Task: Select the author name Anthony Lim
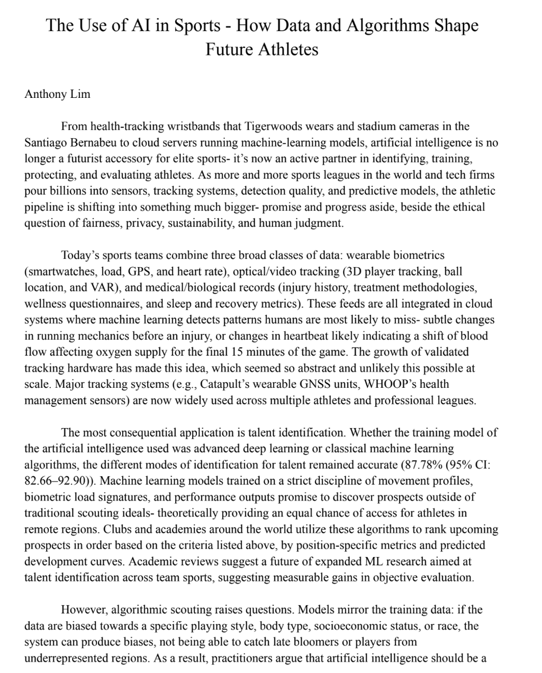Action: point(57,94)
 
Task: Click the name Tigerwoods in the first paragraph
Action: point(273,126)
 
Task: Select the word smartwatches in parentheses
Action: point(57,271)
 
